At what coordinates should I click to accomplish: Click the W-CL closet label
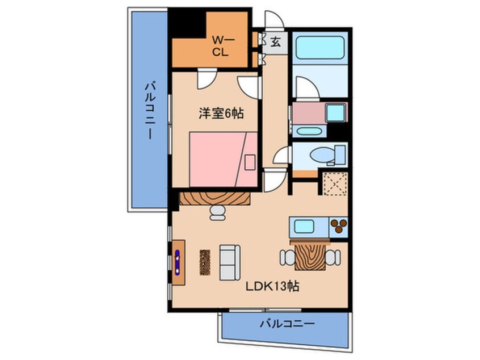point(223,45)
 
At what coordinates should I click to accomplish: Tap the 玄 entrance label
point(275,42)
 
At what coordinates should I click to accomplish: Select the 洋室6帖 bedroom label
point(221,114)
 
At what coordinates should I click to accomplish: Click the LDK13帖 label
point(272,287)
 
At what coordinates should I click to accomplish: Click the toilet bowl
point(322,154)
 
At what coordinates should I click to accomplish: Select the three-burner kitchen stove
point(339,227)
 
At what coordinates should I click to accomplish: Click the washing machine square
point(336,112)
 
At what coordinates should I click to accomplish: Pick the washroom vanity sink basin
point(309,132)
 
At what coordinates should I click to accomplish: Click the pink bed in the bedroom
point(223,160)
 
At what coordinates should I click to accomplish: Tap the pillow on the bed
point(250,163)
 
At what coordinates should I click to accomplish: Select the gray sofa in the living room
point(230,262)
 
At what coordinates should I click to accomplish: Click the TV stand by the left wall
point(179,263)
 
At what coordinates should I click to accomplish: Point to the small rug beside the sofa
point(205,262)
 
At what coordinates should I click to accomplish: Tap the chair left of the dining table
point(287,258)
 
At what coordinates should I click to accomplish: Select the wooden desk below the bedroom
point(214,199)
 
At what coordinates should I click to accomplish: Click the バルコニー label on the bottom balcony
point(287,324)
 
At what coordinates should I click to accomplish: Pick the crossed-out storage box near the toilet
point(335,184)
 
